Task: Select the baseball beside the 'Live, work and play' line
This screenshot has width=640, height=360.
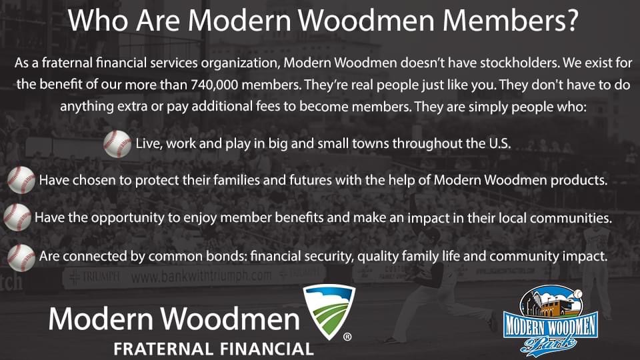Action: tap(117, 143)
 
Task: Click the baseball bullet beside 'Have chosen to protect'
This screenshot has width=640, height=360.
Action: tap(21, 180)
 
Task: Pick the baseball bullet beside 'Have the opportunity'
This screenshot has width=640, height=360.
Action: tap(17, 217)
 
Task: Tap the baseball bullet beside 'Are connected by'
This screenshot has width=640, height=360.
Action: tap(21, 256)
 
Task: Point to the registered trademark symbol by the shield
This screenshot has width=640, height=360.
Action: tap(347, 337)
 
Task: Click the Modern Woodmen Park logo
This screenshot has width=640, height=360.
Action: tap(551, 320)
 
